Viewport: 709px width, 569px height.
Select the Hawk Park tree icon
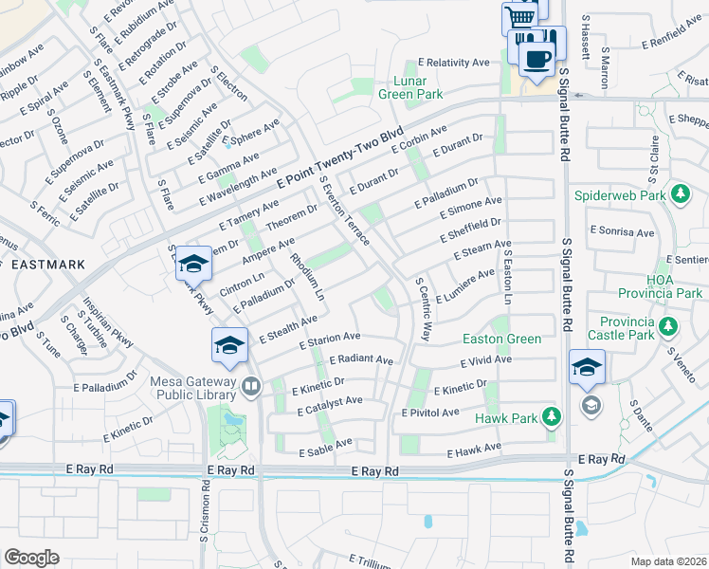coord(551,416)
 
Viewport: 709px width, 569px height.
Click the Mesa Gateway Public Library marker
coord(251,385)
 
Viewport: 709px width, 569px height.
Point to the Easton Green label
coord(501,339)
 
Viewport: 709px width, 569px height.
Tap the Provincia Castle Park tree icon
coord(668,327)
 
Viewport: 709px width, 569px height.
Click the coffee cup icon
coord(538,56)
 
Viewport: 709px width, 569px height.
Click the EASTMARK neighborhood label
coord(45,265)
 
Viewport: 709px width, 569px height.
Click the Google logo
coord(31,558)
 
